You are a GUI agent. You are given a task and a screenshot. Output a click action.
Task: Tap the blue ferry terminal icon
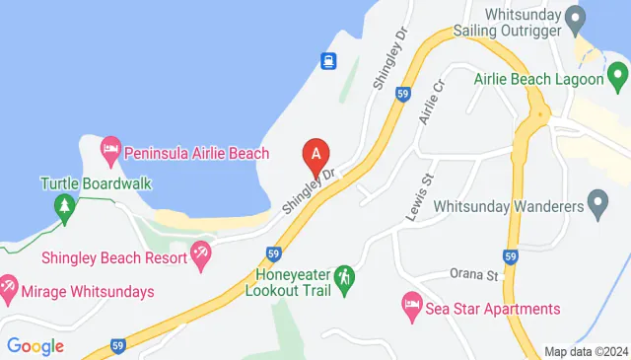[x=328, y=61]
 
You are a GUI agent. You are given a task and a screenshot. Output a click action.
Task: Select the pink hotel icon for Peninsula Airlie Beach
[x=110, y=151]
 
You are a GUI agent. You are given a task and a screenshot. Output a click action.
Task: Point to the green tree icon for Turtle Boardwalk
[x=65, y=206]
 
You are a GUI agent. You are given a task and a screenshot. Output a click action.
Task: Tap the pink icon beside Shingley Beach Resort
[x=201, y=254]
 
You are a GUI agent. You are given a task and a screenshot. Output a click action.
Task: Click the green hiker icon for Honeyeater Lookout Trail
[x=343, y=278]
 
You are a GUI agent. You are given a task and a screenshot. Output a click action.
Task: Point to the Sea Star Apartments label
[x=493, y=309]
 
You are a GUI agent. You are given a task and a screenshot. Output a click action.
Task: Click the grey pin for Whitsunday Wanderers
[x=596, y=204]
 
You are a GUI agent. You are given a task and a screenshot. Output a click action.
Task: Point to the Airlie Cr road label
[x=426, y=106]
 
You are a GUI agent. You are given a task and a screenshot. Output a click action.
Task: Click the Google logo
[x=35, y=345]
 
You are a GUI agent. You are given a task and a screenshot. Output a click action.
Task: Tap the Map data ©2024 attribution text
[x=587, y=351]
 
